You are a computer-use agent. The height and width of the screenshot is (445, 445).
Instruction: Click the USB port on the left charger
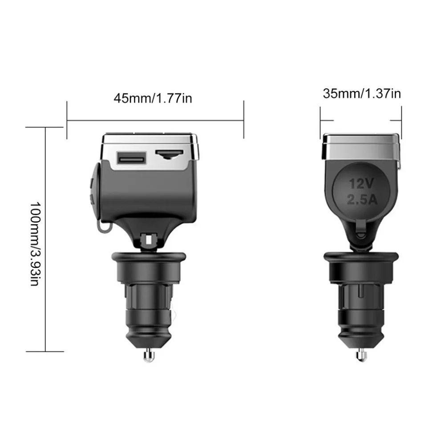[x=131, y=158]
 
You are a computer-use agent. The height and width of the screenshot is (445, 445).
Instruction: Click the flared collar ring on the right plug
[x=360, y=259]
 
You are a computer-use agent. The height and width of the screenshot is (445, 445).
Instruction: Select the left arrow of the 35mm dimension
[x=327, y=120]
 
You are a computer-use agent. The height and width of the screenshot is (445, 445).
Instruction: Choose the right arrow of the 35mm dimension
[x=396, y=120]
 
